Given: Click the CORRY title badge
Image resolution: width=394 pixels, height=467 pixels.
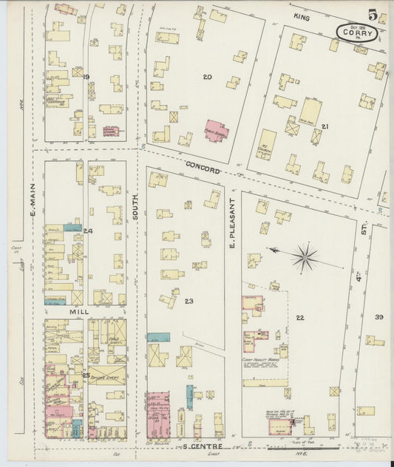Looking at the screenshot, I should click(x=358, y=33).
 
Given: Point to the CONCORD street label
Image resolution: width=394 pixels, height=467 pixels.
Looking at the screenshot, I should click(x=203, y=168).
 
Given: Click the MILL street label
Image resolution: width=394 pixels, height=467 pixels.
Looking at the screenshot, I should click(x=79, y=312).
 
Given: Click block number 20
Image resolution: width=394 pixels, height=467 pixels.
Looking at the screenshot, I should click(x=207, y=77).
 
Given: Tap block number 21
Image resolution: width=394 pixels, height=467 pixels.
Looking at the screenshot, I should click(x=325, y=127).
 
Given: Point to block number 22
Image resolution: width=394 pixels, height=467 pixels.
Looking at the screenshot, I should click(x=299, y=317).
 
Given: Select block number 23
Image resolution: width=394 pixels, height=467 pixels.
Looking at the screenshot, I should click(x=188, y=301).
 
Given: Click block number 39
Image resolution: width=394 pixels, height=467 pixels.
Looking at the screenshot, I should click(x=378, y=317).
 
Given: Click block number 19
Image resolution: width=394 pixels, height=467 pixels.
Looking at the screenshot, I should click(x=86, y=77).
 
